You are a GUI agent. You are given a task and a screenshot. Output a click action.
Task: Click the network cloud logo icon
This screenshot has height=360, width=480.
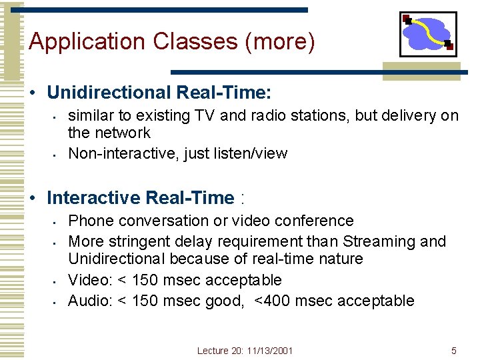coord(428,34)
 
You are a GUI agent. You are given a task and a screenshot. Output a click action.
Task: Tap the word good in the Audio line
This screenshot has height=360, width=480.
coord(223,301)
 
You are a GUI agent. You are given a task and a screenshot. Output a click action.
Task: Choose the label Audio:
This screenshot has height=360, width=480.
coord(91,301)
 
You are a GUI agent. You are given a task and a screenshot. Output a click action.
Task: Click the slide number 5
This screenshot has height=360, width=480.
coord(454,351)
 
